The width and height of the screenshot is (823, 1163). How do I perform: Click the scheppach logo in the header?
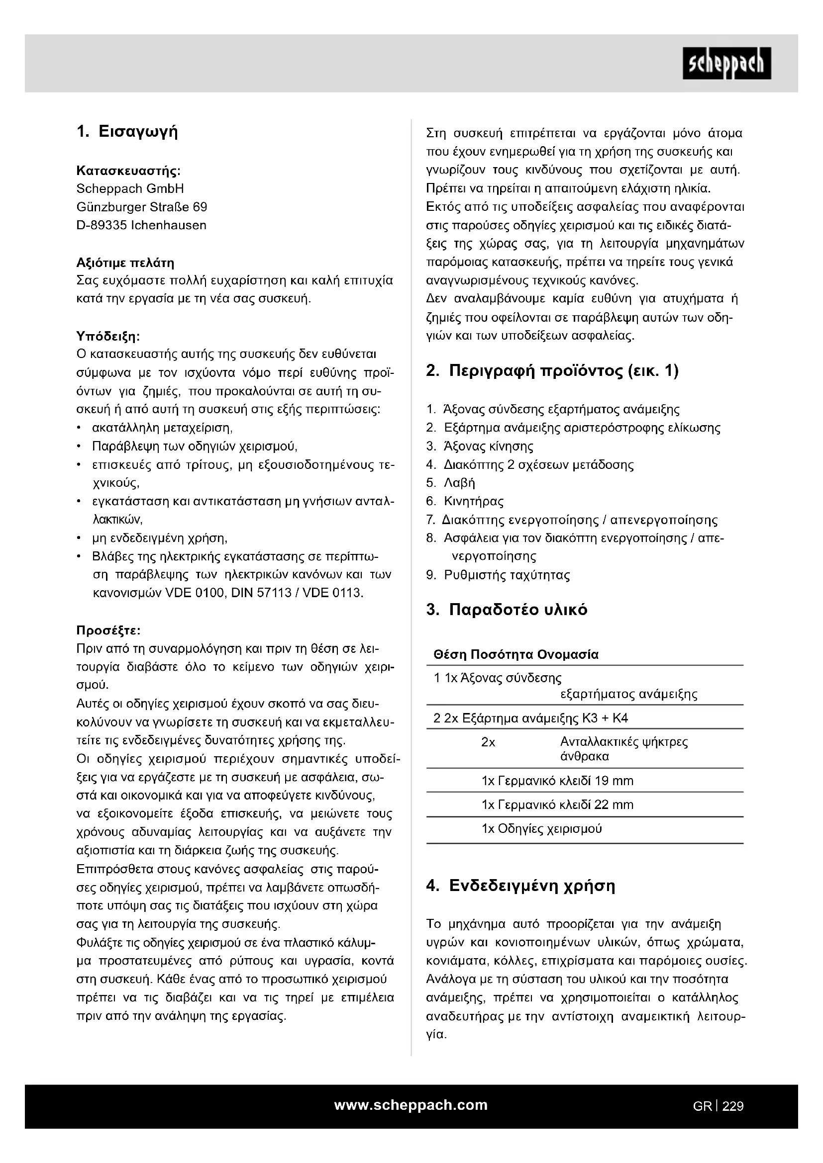pyautogui.click(x=726, y=63)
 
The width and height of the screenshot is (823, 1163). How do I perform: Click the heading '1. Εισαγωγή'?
pyautogui.click(x=127, y=132)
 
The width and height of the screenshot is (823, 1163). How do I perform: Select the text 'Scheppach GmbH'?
pyautogui.click(x=130, y=188)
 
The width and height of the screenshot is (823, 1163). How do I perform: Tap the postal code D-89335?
pyautogui.click(x=102, y=225)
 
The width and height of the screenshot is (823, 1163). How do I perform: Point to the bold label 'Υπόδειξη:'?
pyautogui.click(x=108, y=335)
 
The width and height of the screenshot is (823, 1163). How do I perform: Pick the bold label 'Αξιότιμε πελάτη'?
pyautogui.click(x=125, y=263)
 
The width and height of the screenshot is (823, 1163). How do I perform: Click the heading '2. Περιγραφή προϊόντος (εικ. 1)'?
pyautogui.click(x=552, y=371)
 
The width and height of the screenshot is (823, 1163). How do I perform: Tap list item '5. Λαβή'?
pyautogui.click(x=450, y=483)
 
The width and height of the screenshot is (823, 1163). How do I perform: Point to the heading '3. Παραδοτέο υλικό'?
pyautogui.click(x=507, y=610)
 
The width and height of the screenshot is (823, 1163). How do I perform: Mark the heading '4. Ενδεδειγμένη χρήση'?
pyautogui.click(x=521, y=886)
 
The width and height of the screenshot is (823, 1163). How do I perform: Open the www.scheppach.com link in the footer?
pyautogui.click(x=411, y=1105)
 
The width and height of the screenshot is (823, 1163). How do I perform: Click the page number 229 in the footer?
pyautogui.click(x=733, y=1106)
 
